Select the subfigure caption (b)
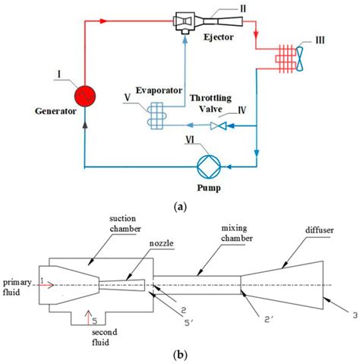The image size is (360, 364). (179, 355)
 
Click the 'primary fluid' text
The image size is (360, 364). (15, 283)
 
